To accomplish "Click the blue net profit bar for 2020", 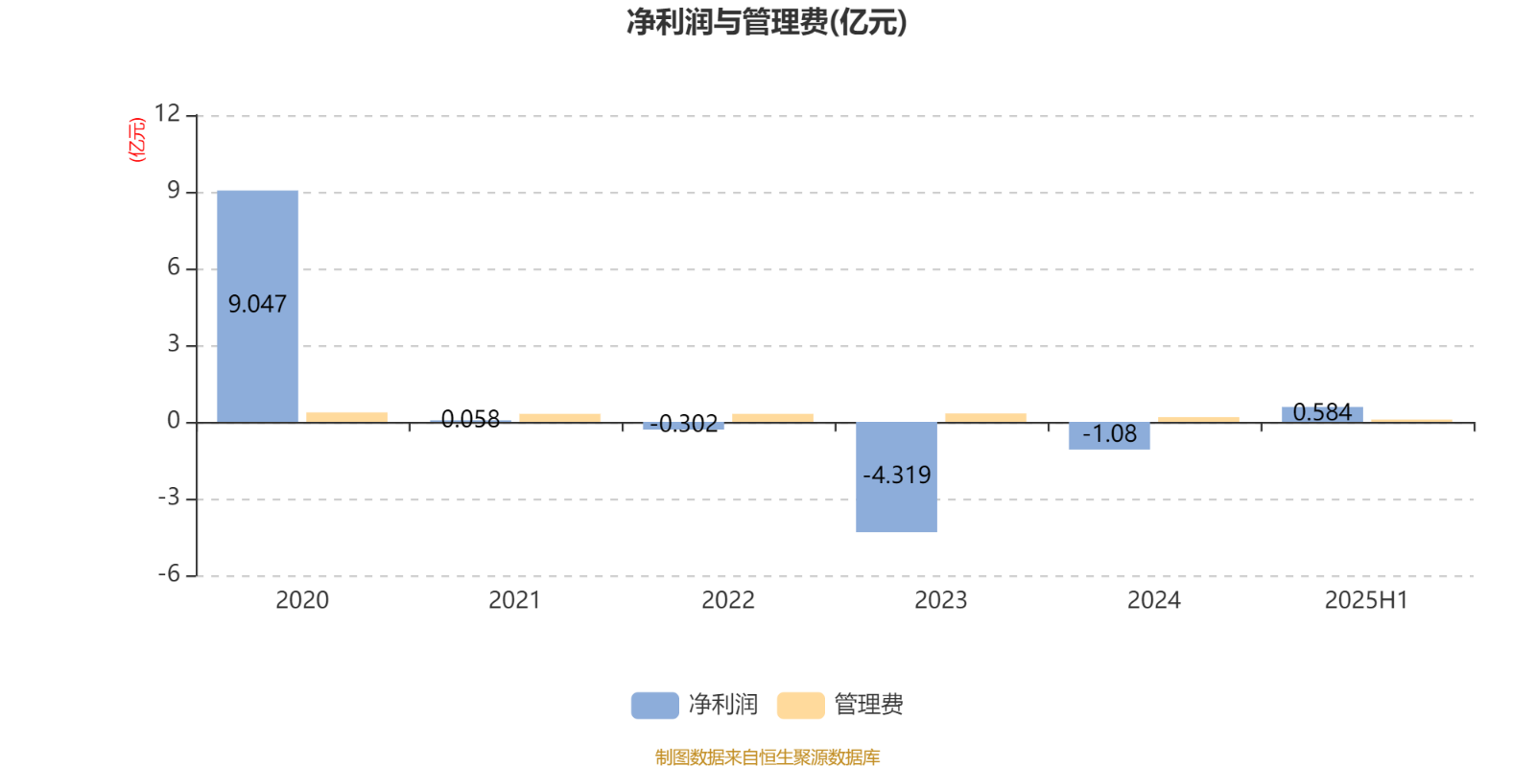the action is (258, 306).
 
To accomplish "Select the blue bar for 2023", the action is (896, 477).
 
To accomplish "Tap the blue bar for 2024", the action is (1109, 436).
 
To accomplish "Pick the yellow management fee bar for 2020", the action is (346, 417).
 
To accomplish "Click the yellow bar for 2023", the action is (985, 418).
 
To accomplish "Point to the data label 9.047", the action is (257, 304).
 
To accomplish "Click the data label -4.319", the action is (896, 475).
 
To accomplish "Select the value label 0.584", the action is (1322, 412).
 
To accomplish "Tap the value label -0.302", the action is (683, 424).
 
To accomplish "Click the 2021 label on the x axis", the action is (514, 600).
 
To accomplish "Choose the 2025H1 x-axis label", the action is (1366, 600).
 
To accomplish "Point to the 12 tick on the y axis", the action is (167, 113).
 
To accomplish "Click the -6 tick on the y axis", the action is (169, 574).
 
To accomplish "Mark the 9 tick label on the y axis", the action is (174, 191).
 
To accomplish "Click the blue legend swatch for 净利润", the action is (655, 705).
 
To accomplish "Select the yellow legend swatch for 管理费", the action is (800, 705).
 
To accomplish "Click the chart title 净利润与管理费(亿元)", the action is (767, 22).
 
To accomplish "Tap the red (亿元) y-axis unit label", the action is (137, 140).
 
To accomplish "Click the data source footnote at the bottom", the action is (767, 756).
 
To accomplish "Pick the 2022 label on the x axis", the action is (728, 600).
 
